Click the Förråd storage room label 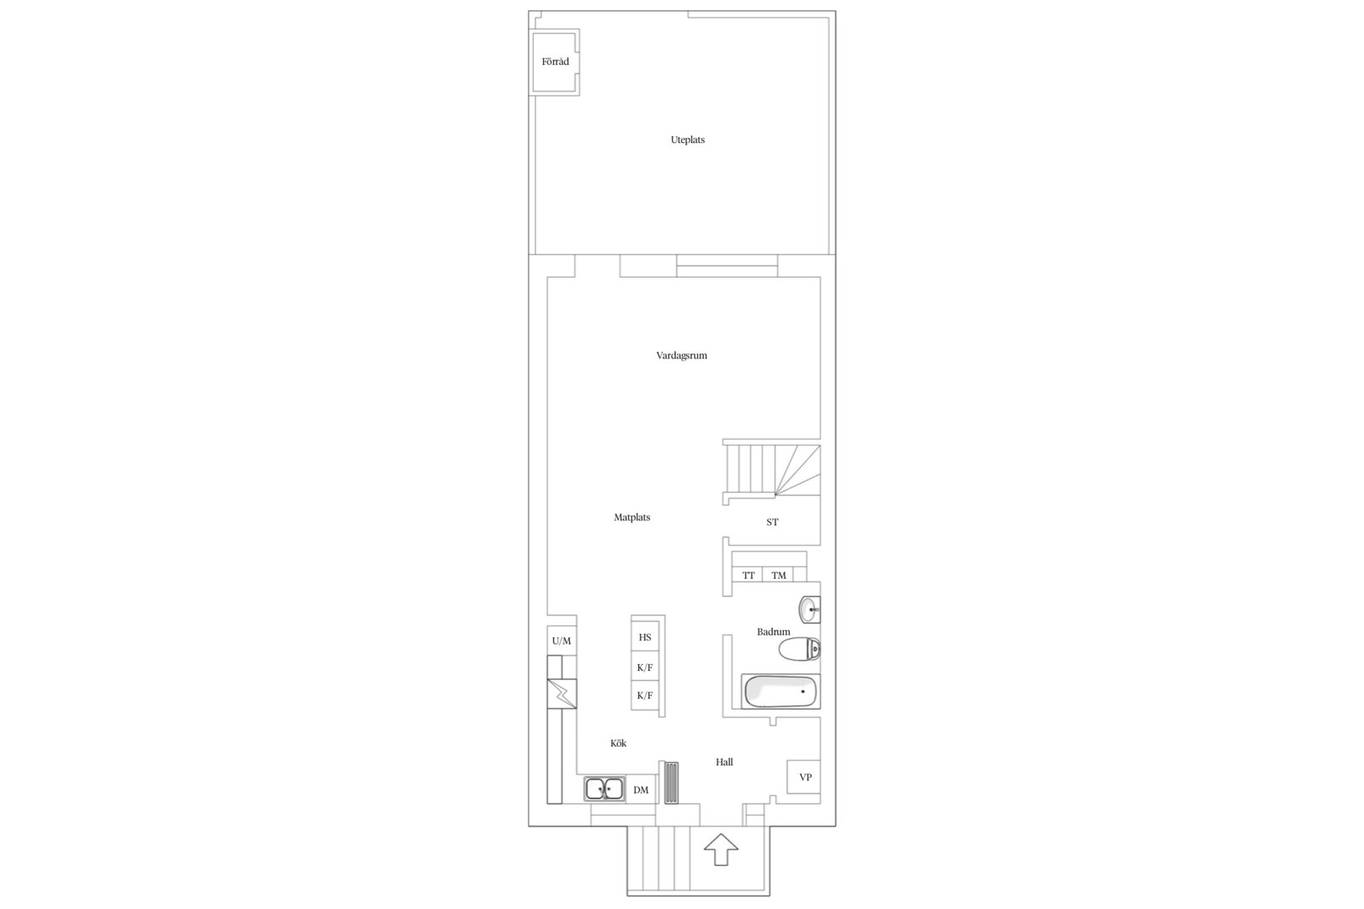point(556,62)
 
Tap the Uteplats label point(688,140)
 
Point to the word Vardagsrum point(681,355)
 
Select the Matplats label point(631,518)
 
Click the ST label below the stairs point(772,523)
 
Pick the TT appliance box point(748,575)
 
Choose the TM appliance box point(778,575)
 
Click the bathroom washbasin point(810,609)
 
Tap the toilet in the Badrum point(800,649)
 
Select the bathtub point(781,691)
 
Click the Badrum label point(773,632)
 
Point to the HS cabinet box point(645,637)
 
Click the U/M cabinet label point(562,641)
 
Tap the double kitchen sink point(604,789)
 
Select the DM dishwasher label point(641,790)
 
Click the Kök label point(618,743)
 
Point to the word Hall point(724,763)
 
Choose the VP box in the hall point(804,777)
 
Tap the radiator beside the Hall point(671,783)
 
